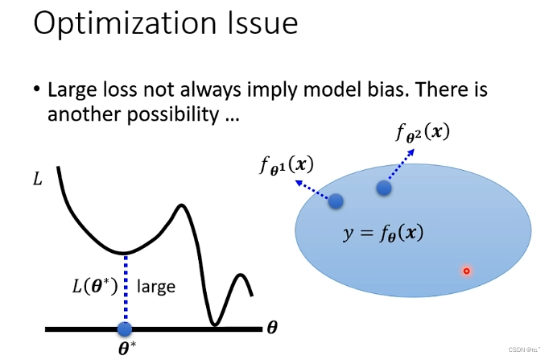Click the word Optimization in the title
[x=125, y=23]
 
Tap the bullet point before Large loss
[x=37, y=89]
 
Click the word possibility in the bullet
[x=173, y=115]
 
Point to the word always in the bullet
[x=211, y=90]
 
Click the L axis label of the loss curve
[x=37, y=179]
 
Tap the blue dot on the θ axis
[x=125, y=329]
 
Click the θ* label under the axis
[x=127, y=348]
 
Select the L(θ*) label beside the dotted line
[x=94, y=286]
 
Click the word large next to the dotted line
[x=156, y=287]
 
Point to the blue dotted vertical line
[x=126, y=288]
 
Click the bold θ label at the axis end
[x=272, y=328]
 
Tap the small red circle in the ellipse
[x=467, y=271]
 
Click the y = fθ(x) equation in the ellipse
[x=383, y=234]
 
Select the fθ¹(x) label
[x=287, y=166]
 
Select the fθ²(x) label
[x=423, y=133]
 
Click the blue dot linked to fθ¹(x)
[x=336, y=201]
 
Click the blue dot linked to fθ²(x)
[x=384, y=188]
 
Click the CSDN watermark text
[x=524, y=350]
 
